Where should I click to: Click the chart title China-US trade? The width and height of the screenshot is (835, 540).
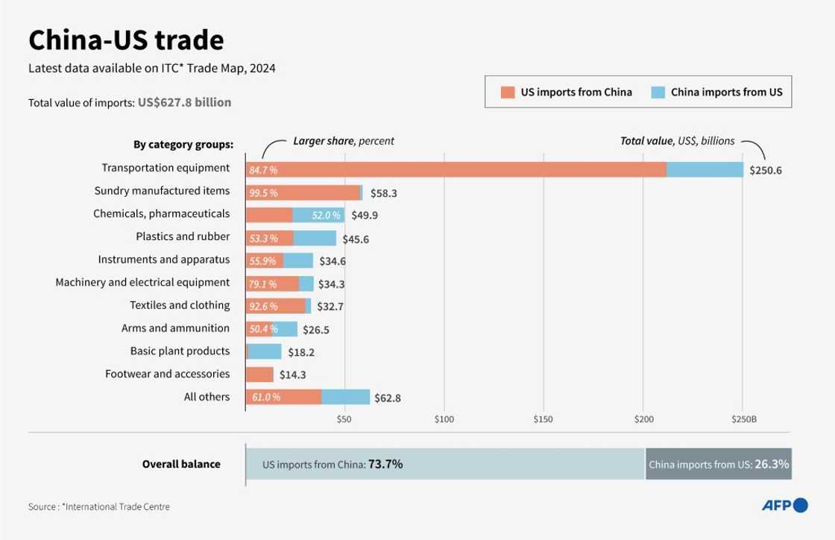(x=125, y=40)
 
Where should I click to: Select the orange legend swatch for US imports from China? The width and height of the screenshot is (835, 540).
(x=508, y=92)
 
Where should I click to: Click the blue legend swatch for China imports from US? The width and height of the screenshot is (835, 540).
(x=658, y=92)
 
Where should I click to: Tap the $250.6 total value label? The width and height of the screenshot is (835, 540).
(x=766, y=170)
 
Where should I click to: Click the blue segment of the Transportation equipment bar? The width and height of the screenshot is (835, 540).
(x=705, y=169)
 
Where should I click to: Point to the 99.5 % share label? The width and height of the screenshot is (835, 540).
(x=263, y=193)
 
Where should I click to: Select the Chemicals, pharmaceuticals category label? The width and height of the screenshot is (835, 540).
(x=161, y=213)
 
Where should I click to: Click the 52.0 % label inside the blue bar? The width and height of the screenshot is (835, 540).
(x=326, y=216)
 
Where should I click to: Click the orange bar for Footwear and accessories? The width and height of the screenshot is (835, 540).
(x=259, y=374)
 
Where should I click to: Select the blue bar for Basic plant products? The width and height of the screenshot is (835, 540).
(x=265, y=351)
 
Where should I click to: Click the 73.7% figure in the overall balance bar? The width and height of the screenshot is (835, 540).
(x=385, y=464)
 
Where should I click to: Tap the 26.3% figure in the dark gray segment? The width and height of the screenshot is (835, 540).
(x=772, y=464)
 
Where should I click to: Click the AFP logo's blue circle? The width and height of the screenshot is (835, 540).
(x=801, y=506)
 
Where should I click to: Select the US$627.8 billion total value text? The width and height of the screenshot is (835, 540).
(x=184, y=102)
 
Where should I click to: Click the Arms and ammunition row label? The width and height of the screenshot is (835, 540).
(x=175, y=328)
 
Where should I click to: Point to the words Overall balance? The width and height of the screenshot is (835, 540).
(x=181, y=464)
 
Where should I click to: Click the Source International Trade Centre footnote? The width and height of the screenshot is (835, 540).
(x=99, y=506)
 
